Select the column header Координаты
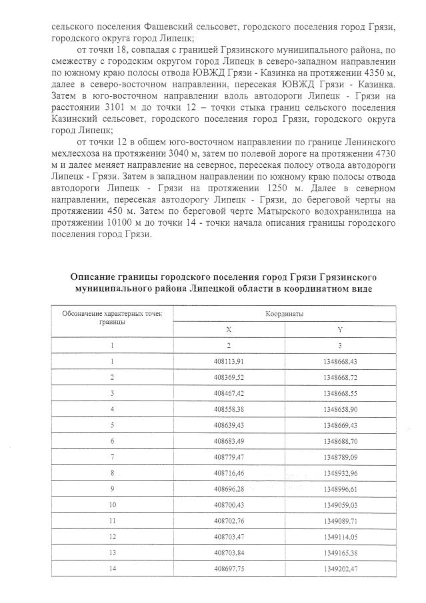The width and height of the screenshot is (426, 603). [285, 312]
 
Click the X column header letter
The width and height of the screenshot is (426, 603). [229, 329]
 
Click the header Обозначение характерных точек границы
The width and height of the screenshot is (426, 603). [113, 316]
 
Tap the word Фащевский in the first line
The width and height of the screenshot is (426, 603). [175, 28]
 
